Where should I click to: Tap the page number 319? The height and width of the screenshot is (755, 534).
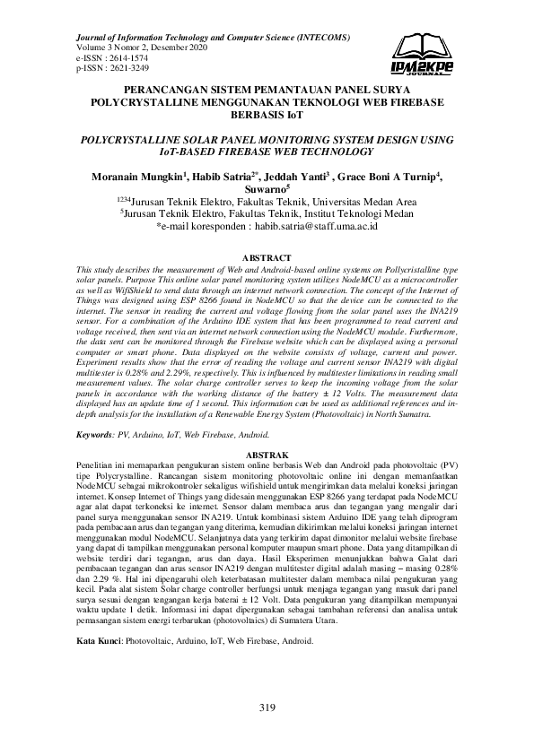pyautogui.click(x=267, y=708)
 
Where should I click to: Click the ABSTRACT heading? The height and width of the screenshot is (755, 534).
pyautogui.click(x=267, y=258)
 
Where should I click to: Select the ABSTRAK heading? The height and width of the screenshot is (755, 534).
pyautogui.click(x=267, y=456)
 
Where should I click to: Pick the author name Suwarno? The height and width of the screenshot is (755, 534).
pyautogui.click(x=265, y=190)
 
